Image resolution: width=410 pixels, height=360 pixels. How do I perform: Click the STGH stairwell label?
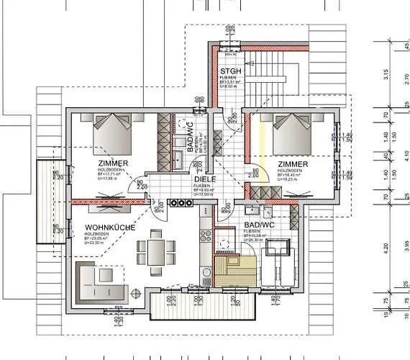(229, 71)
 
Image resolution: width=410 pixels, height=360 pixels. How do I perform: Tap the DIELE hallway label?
(203, 180)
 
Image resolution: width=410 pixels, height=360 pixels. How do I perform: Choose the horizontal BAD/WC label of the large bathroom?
(259, 225)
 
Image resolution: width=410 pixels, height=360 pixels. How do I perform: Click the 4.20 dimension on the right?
(386, 248)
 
